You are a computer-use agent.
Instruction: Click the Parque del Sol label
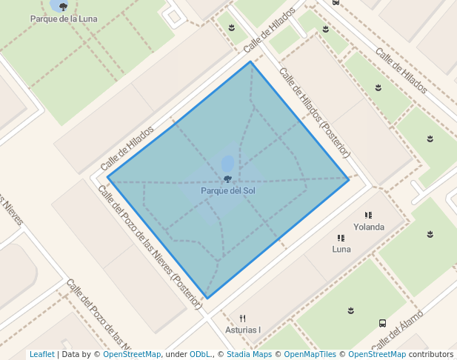[x=227, y=190]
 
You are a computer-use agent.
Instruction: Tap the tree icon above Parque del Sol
[x=227, y=179]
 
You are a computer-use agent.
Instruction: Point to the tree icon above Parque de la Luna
[x=63, y=7]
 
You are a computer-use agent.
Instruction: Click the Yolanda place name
[x=369, y=227]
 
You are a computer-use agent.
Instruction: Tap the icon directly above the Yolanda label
[x=368, y=216]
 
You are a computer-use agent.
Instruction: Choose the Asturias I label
[x=243, y=330]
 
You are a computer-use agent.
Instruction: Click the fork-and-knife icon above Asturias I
[x=242, y=319]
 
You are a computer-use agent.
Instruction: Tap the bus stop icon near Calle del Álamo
[x=382, y=323]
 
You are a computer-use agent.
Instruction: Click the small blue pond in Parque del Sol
[x=227, y=163]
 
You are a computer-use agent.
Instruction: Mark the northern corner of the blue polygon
[x=250, y=61]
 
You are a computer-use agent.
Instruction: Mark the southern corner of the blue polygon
[x=207, y=299]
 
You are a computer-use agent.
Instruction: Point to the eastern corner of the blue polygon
[x=349, y=179]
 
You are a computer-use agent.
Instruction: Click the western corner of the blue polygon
[x=108, y=177]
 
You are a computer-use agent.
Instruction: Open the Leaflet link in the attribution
[x=41, y=355]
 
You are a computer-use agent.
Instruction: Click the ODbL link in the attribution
[x=200, y=355]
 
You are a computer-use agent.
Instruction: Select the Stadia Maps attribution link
[x=249, y=355]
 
